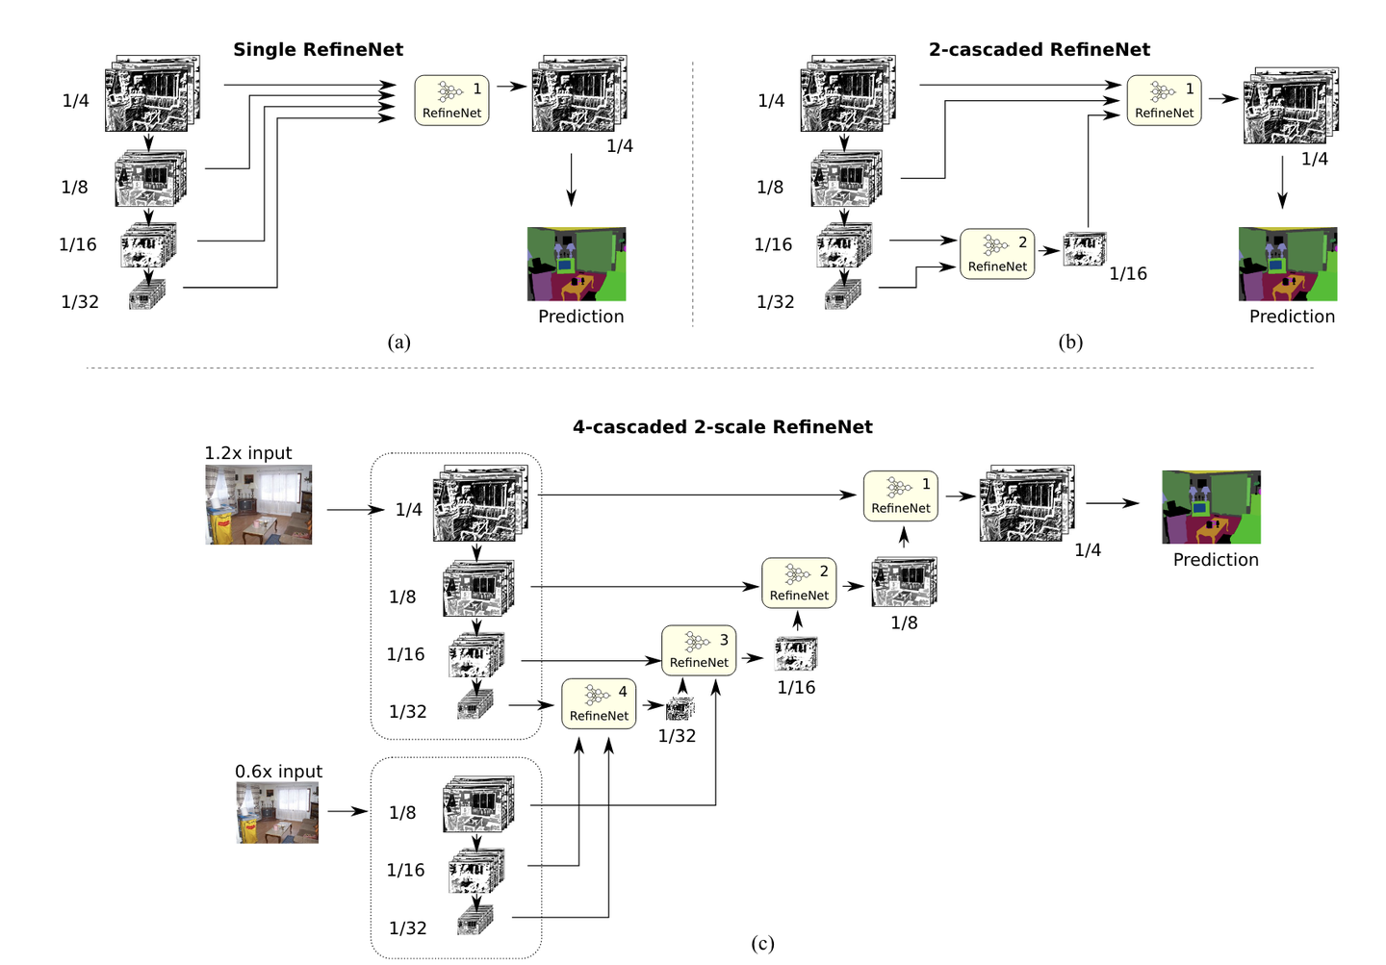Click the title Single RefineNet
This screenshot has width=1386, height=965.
point(318,49)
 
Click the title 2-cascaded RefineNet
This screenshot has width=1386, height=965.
point(1039,49)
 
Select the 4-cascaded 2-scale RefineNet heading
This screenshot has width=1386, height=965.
point(723,427)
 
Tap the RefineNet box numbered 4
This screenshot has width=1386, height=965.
point(599,704)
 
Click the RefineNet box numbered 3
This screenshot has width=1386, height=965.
point(699,650)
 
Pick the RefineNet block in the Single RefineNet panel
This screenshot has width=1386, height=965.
point(451,100)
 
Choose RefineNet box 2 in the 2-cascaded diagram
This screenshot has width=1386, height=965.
point(997,254)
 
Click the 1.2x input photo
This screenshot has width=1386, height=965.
point(259,505)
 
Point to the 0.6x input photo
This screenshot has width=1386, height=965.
point(277,812)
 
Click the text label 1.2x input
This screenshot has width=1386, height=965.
point(248,453)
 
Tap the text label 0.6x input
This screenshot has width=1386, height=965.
point(278,772)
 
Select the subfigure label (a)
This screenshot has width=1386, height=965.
point(399,343)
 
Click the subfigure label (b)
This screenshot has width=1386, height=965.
point(1070,343)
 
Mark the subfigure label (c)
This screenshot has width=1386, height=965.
point(763,943)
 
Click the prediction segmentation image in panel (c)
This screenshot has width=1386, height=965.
point(1212,507)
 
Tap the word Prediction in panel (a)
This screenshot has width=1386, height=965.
point(581,317)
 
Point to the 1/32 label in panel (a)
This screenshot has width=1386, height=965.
point(80,302)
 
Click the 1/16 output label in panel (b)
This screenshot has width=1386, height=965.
point(1128,274)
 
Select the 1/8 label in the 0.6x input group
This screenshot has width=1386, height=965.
point(402,813)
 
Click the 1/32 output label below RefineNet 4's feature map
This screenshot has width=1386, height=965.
point(677,736)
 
